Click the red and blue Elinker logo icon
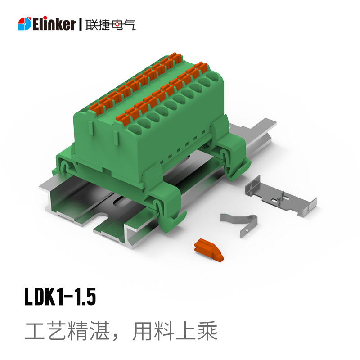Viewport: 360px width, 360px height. point(25,24)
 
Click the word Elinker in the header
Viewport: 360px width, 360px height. point(54,23)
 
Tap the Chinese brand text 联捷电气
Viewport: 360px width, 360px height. point(111,25)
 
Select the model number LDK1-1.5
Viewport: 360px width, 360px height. point(60,297)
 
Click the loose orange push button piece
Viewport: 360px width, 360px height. point(208,250)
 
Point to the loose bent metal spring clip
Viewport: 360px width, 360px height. point(240,223)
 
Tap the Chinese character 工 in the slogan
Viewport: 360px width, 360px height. point(35,331)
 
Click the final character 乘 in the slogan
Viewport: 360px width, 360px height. point(207,331)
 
